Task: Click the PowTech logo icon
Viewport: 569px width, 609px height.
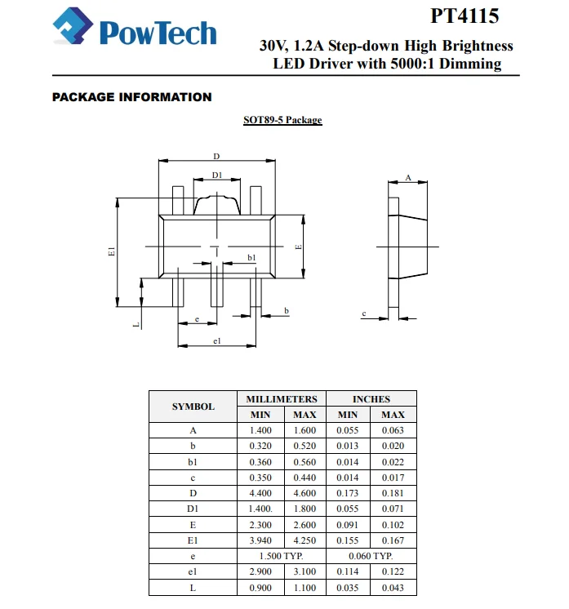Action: click(73, 31)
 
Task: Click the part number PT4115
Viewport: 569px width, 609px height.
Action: click(465, 16)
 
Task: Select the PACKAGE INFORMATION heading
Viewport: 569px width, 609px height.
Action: click(131, 97)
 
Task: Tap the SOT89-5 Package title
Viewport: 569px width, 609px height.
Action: click(282, 120)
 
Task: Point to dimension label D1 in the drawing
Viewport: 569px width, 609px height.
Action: click(217, 175)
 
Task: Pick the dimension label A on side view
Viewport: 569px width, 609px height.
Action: click(407, 177)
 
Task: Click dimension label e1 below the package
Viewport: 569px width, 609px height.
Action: click(217, 340)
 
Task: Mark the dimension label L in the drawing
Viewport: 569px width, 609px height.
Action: click(136, 324)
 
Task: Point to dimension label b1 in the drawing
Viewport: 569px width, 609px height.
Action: click(251, 257)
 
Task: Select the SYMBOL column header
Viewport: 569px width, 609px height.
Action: click(193, 407)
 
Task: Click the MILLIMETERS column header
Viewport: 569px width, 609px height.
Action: click(282, 399)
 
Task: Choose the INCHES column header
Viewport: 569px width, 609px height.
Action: click(371, 399)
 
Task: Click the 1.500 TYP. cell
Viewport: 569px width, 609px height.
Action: click(282, 555)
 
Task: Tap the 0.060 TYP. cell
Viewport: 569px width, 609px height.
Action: click(371, 555)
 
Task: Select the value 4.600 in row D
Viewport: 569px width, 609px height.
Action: click(305, 492)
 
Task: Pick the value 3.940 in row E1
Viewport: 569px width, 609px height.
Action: click(260, 540)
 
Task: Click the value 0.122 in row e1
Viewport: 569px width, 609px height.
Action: click(393, 571)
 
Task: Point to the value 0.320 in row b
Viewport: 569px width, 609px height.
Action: click(260, 446)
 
